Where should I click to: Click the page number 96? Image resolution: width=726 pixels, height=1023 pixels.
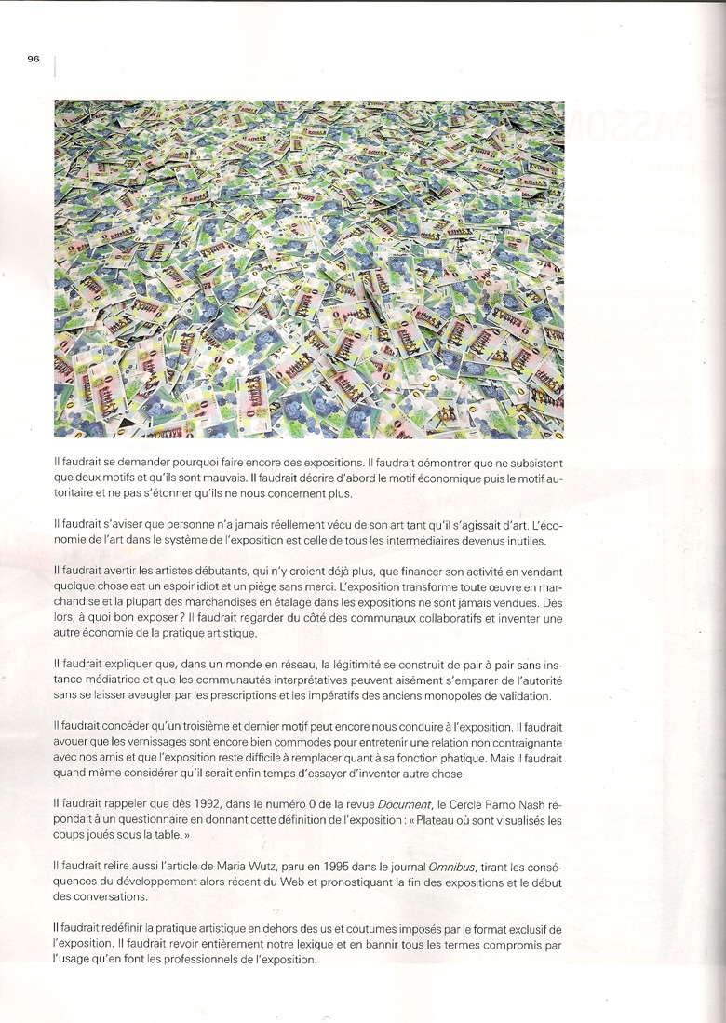(34, 59)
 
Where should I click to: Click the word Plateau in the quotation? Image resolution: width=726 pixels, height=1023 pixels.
(437, 819)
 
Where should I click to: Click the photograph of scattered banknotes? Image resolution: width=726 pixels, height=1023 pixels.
(309, 269)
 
